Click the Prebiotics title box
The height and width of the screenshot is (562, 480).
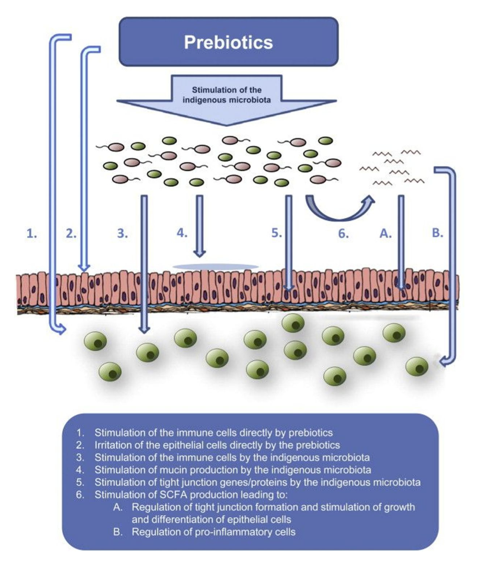(x=228, y=42)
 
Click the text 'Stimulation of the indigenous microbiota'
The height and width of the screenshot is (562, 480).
(x=226, y=95)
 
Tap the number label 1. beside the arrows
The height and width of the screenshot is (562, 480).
(x=32, y=234)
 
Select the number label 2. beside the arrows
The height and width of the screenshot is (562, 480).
(x=72, y=234)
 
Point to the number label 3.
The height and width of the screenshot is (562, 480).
(x=122, y=234)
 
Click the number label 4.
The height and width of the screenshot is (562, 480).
(x=182, y=233)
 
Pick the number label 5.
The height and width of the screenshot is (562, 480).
(x=277, y=233)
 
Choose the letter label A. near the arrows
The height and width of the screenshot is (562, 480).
(x=385, y=234)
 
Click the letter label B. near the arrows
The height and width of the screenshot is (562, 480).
(x=438, y=233)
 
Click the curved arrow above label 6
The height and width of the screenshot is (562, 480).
(x=339, y=210)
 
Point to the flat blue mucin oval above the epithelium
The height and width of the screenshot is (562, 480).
(x=215, y=267)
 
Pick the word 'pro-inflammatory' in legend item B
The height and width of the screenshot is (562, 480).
(x=219, y=532)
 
